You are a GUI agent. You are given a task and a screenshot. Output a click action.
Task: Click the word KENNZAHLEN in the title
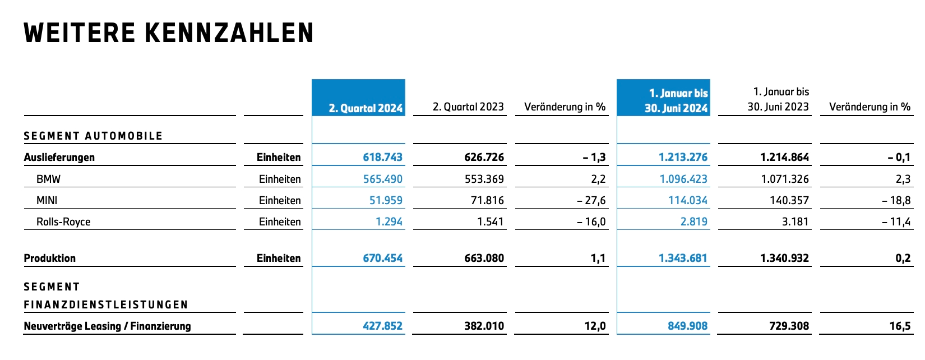pos(229,33)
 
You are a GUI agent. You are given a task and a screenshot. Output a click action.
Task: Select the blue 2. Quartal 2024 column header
pos(366,108)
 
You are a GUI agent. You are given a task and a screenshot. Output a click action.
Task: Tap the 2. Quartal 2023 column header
pos(468,107)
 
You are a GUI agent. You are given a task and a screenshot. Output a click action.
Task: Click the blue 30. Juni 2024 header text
pos(677,108)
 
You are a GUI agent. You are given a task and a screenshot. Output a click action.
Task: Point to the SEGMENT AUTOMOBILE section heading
pos(93,136)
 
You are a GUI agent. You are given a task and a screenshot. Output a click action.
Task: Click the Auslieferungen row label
pos(59,158)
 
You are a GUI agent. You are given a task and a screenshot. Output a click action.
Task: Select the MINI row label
pos(47,200)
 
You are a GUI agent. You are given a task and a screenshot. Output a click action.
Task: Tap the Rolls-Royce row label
pos(63,221)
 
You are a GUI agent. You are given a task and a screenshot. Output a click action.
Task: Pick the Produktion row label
pos(49,258)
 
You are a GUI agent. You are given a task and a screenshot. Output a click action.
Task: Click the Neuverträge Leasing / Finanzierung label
pos(108,326)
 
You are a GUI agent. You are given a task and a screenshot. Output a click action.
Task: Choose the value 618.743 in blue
pos(383,158)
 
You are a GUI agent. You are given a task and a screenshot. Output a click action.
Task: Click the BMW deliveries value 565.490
pos(383,179)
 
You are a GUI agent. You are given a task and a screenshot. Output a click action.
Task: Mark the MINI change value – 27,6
pos(591,200)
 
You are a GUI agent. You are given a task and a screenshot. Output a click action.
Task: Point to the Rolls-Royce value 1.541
pos(491,221)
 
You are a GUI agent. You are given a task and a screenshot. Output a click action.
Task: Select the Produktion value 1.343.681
pos(683,258)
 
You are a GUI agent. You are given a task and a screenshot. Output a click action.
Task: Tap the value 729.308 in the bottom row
pos(789,326)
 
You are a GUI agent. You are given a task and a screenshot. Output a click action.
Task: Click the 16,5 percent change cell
pos(900,326)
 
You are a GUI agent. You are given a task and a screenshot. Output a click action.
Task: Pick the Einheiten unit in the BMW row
pos(280,179)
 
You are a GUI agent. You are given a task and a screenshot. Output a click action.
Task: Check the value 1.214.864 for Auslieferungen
pos(785,158)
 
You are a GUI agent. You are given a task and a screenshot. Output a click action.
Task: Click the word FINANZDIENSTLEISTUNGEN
pos(106,304)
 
